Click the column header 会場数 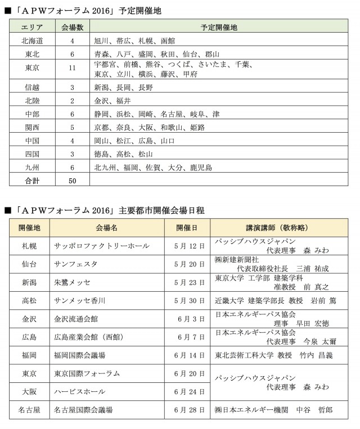(73, 27)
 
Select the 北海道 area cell (31, 41)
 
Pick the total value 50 (73, 181)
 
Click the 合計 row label (31, 181)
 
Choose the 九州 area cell (31, 167)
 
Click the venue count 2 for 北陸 (73, 101)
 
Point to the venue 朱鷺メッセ (72, 282)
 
